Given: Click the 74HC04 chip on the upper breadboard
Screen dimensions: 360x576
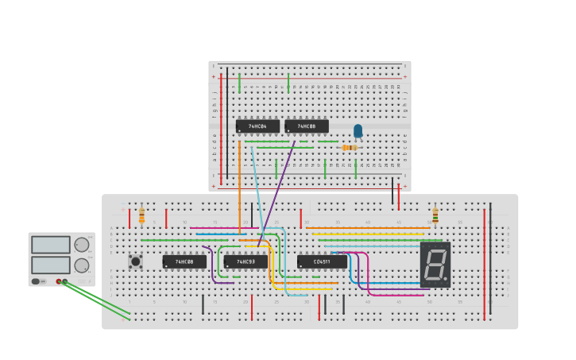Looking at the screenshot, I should tap(257, 126).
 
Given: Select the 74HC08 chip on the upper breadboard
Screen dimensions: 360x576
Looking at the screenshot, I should tap(306, 126).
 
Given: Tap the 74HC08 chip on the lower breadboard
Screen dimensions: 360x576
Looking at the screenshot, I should tap(184, 261).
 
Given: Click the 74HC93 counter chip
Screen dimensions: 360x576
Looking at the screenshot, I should tap(245, 261).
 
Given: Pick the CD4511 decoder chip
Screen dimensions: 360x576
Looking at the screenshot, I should tap(322, 261).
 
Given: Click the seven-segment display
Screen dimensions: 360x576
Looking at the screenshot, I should tap(435, 264).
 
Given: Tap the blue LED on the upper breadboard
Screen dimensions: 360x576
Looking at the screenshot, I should tap(358, 130).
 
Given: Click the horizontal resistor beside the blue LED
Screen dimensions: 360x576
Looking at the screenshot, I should tap(350, 147).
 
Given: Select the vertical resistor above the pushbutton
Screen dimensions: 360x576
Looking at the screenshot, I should tap(141, 215).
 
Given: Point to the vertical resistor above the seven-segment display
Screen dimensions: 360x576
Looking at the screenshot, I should tap(435, 215).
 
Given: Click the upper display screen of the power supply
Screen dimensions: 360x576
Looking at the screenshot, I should tap(51, 245).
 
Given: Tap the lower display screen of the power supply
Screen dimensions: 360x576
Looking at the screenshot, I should tap(51, 265).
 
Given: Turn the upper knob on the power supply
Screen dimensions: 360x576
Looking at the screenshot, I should tap(82, 245).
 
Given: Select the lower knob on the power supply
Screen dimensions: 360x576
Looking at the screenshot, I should tap(82, 265).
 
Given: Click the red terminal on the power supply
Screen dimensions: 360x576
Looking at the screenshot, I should tap(59, 281).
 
